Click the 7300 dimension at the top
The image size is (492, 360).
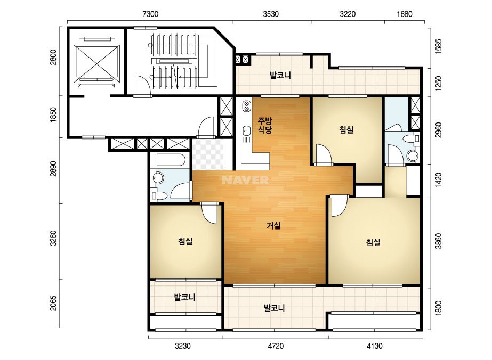click(151, 14)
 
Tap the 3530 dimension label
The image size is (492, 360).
click(271, 14)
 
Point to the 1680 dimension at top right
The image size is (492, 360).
click(405, 14)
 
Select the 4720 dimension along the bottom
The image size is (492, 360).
click(276, 346)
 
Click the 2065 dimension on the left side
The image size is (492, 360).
click(54, 303)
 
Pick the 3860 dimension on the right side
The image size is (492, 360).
click(438, 241)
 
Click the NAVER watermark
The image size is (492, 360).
click(245, 180)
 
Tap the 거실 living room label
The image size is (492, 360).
click(273, 225)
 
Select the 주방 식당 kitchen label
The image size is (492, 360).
click(265, 125)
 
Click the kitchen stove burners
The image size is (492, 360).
click(246, 105)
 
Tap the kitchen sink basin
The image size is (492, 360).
click(246, 130)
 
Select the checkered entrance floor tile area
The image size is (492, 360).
click(207, 154)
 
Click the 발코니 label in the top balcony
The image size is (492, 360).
click(280, 75)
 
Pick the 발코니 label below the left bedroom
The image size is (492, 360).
click(185, 297)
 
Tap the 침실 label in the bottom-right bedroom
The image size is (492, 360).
click(373, 242)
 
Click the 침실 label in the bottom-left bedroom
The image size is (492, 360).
click(185, 241)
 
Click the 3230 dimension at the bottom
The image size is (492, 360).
click(183, 346)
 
